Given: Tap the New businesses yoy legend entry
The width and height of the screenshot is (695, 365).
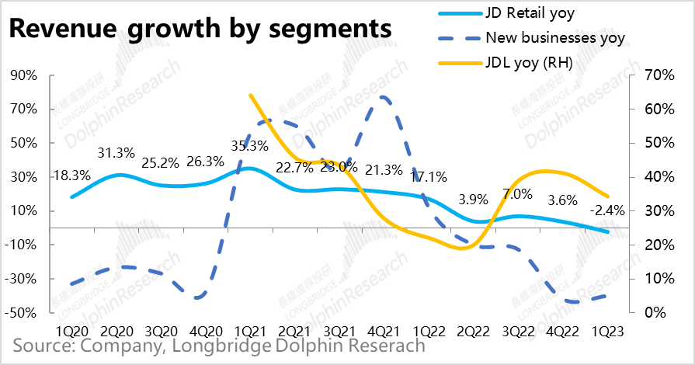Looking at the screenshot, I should [554, 37].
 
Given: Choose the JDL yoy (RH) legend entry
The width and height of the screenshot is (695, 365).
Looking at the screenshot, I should [529, 63].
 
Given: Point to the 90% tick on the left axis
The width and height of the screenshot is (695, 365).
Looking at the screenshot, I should [24, 75].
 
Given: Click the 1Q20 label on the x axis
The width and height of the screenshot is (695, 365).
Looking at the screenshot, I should [70, 331].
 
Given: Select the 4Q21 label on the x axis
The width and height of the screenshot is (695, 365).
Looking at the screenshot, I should [383, 331].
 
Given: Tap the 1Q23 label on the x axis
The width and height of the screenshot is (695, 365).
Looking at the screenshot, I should [607, 331].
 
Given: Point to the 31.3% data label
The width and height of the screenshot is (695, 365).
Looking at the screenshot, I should [116, 153].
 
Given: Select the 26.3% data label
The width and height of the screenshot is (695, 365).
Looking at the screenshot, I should [205, 162].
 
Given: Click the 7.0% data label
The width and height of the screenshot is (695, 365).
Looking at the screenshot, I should [518, 193].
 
